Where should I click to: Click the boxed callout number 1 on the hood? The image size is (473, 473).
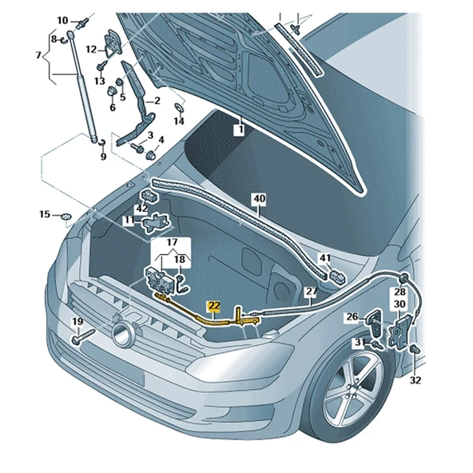pyautogui.click(x=237, y=128)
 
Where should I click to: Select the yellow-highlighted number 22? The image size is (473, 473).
pyautogui.click(x=214, y=305)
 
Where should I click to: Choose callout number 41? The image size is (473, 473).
pyautogui.click(x=324, y=258)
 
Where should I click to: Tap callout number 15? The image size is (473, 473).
pyautogui.click(x=46, y=214)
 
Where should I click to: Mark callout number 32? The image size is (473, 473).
pyautogui.click(x=415, y=380)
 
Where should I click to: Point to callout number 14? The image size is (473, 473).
pyautogui.click(x=179, y=121)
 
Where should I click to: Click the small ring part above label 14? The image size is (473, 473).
pyautogui.click(x=178, y=106)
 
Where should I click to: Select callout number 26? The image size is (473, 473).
pyautogui.click(x=352, y=317)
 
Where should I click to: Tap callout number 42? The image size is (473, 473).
pyautogui.click(x=141, y=209)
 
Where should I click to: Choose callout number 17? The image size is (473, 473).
pyautogui.click(x=172, y=242)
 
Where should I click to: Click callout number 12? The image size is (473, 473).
pyautogui.click(x=91, y=50)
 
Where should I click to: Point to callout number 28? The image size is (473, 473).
pyautogui.click(x=398, y=292)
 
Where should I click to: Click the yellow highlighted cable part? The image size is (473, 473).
pyautogui.click(x=200, y=312)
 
